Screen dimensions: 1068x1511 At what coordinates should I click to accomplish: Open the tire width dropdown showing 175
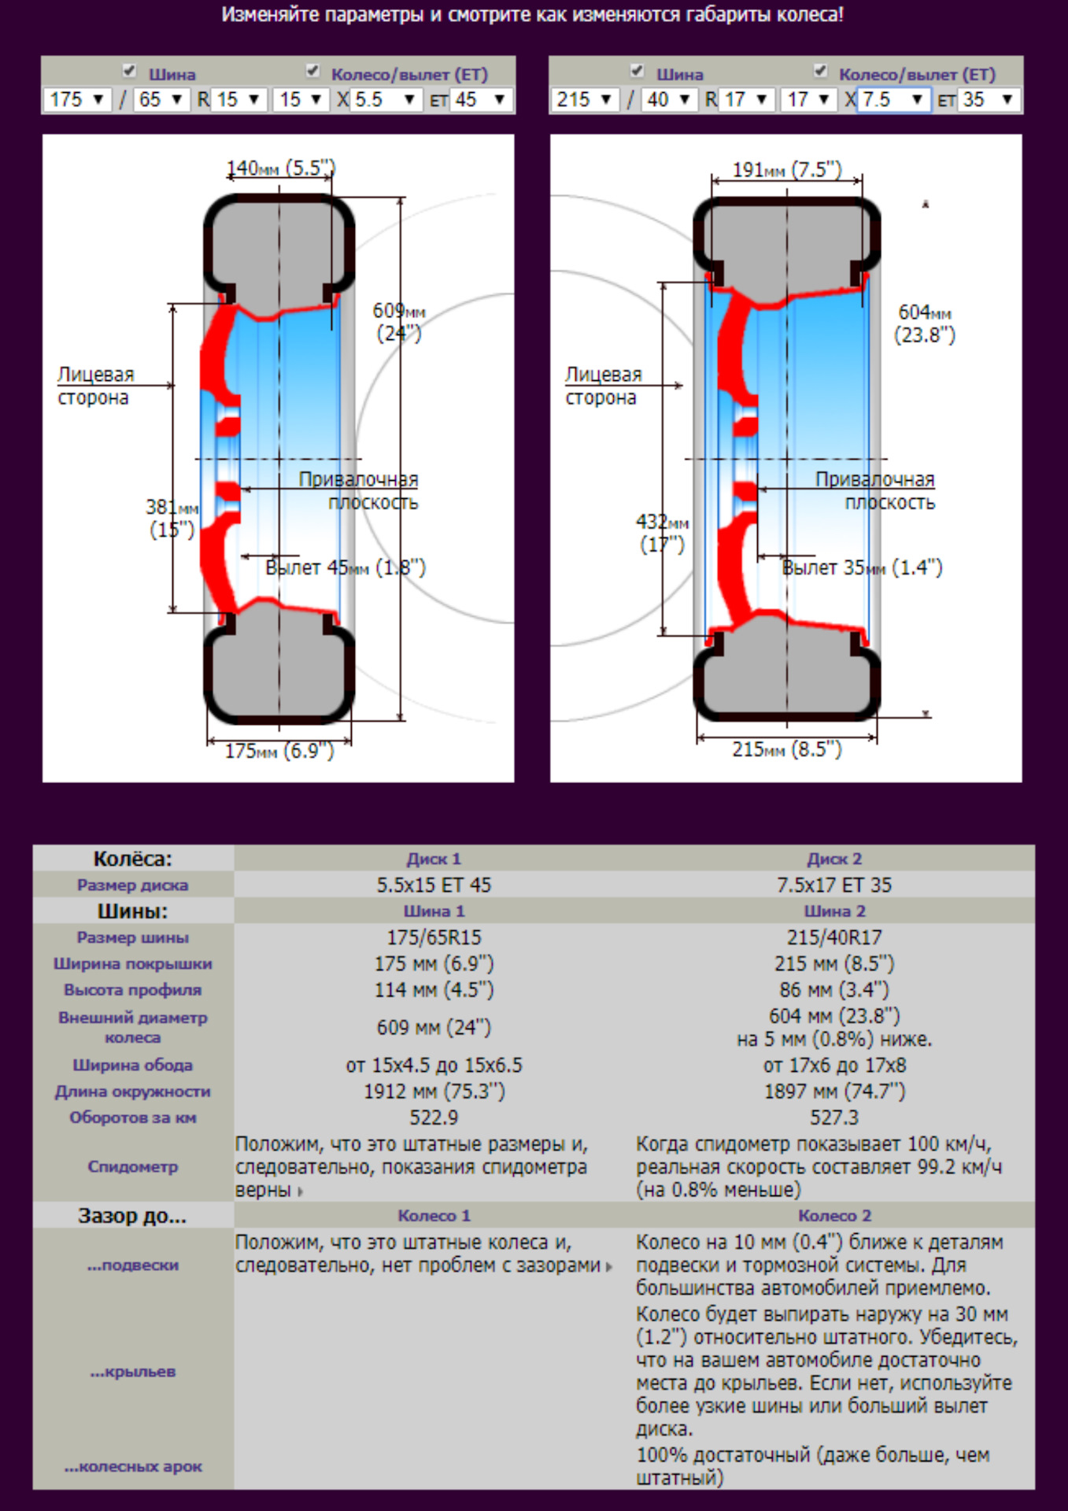[x=77, y=100]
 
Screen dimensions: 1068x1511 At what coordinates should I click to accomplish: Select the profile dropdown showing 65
[x=161, y=100]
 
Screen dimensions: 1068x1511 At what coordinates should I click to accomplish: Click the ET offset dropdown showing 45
[x=480, y=100]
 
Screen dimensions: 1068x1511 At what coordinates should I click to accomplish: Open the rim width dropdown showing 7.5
[x=893, y=100]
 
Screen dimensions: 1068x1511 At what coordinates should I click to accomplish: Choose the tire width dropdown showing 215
[x=585, y=100]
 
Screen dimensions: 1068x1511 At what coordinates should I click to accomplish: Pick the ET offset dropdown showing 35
[x=988, y=100]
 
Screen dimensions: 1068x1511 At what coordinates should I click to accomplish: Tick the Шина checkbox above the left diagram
[x=130, y=72]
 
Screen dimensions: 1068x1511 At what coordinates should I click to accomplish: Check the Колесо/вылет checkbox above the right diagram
[x=820, y=72]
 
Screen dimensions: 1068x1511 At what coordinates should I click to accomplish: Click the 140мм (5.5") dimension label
[x=281, y=168]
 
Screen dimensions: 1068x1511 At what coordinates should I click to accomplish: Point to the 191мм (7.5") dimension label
[x=787, y=170]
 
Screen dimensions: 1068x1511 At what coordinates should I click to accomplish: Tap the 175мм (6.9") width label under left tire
[x=279, y=751]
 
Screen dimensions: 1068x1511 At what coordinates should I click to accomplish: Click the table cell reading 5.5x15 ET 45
[x=434, y=885]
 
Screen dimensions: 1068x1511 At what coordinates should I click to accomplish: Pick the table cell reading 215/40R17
[x=834, y=937]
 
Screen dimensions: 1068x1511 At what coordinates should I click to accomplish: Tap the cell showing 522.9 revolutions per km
[x=434, y=1118]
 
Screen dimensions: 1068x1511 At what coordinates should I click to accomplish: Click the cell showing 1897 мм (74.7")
[x=834, y=1092]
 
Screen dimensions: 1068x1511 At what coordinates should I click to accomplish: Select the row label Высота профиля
[x=132, y=990]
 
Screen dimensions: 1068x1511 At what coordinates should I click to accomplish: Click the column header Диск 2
[x=834, y=859]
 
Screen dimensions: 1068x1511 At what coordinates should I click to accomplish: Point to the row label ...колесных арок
[x=133, y=1467]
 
